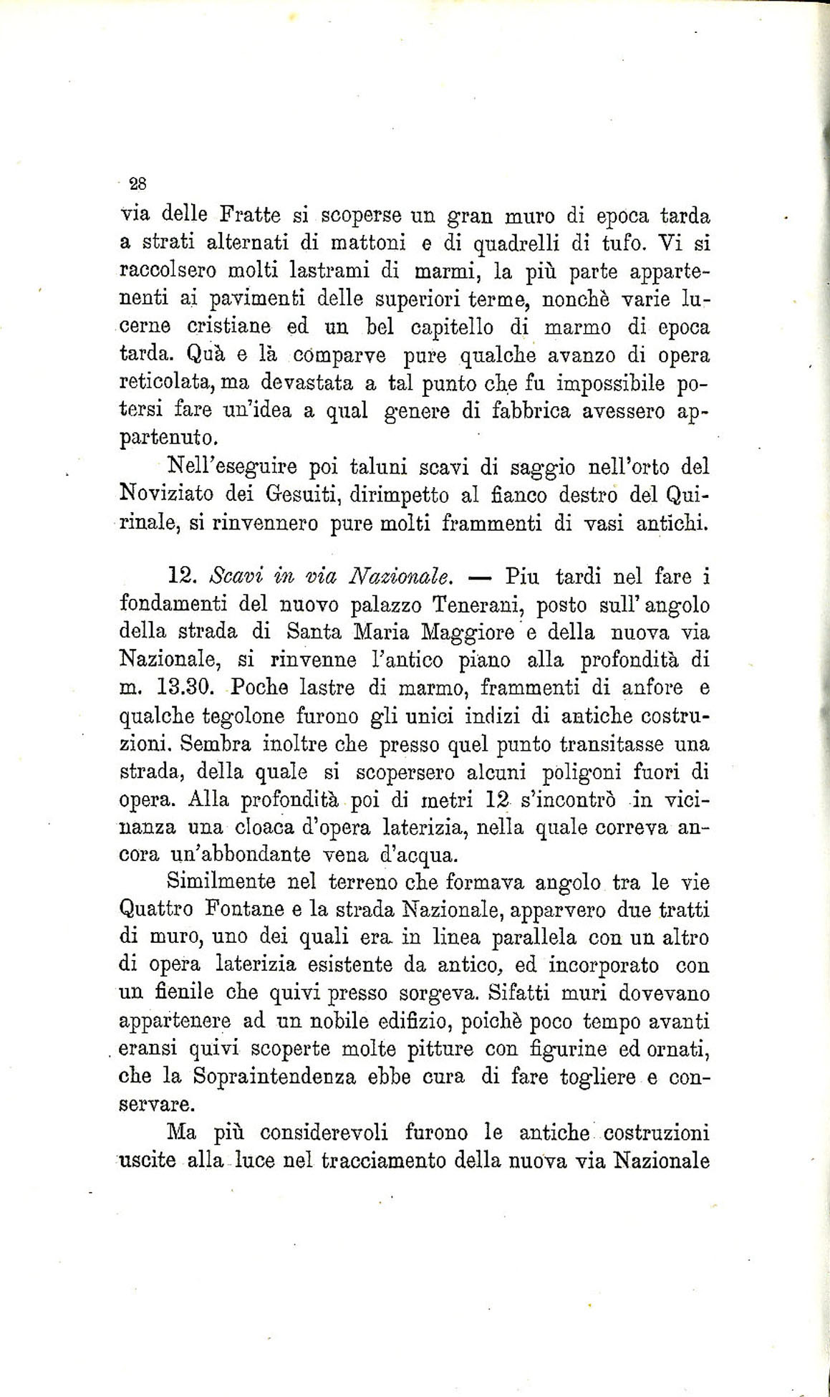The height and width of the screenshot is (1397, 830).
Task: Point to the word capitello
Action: (455, 327)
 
